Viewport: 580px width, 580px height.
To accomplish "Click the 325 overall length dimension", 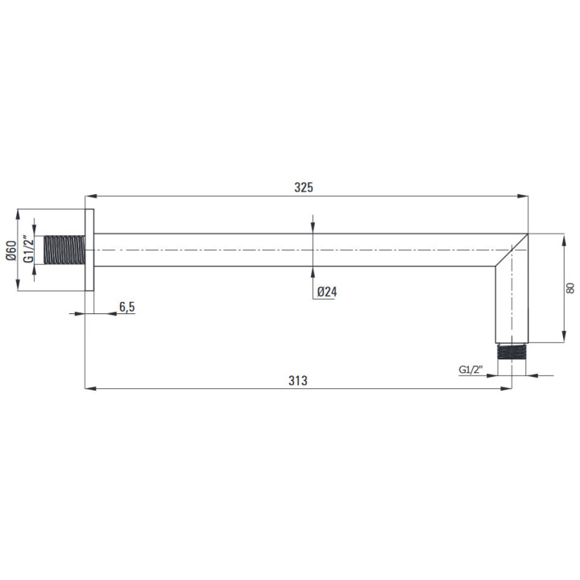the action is coord(304,187).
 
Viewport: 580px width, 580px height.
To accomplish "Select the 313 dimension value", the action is coord(298,380).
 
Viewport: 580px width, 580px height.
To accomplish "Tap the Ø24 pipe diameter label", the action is coord(327,292).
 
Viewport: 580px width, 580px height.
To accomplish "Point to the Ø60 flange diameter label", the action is coord(11,251).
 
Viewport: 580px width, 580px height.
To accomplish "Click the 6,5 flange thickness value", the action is coord(127,307).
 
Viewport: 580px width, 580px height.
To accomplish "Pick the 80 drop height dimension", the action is coord(570,288).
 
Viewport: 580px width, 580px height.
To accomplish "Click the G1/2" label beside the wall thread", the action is coord(28,249).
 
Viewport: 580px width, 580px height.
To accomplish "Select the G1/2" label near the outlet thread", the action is coord(471,370).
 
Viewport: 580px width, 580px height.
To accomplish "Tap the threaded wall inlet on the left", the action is coord(64,250).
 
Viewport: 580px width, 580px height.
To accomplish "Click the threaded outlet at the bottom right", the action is coord(512,351).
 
